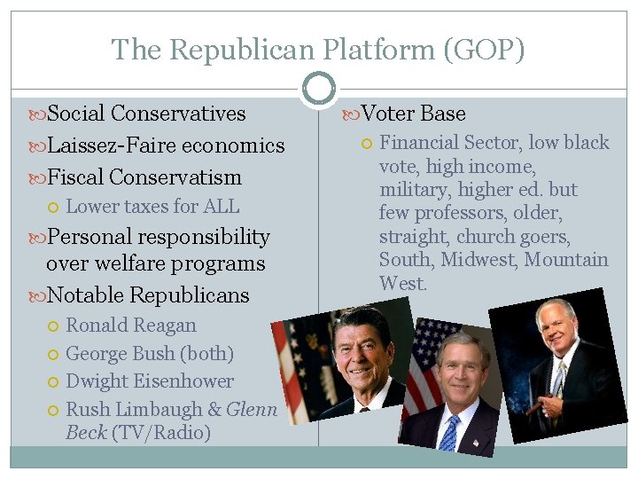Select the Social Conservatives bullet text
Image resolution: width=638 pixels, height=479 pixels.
pyautogui.click(x=146, y=114)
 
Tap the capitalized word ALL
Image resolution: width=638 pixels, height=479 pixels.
pyautogui.click(x=221, y=207)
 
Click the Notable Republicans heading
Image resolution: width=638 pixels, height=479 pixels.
pyautogui.click(x=148, y=295)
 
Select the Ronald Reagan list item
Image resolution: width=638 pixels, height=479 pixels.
pyautogui.click(x=131, y=326)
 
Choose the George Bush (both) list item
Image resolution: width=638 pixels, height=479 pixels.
pyautogui.click(x=150, y=353)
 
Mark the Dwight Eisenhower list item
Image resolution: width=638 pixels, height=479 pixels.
pyautogui.click(x=150, y=381)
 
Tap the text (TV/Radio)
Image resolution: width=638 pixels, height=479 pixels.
pyautogui.click(x=160, y=433)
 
